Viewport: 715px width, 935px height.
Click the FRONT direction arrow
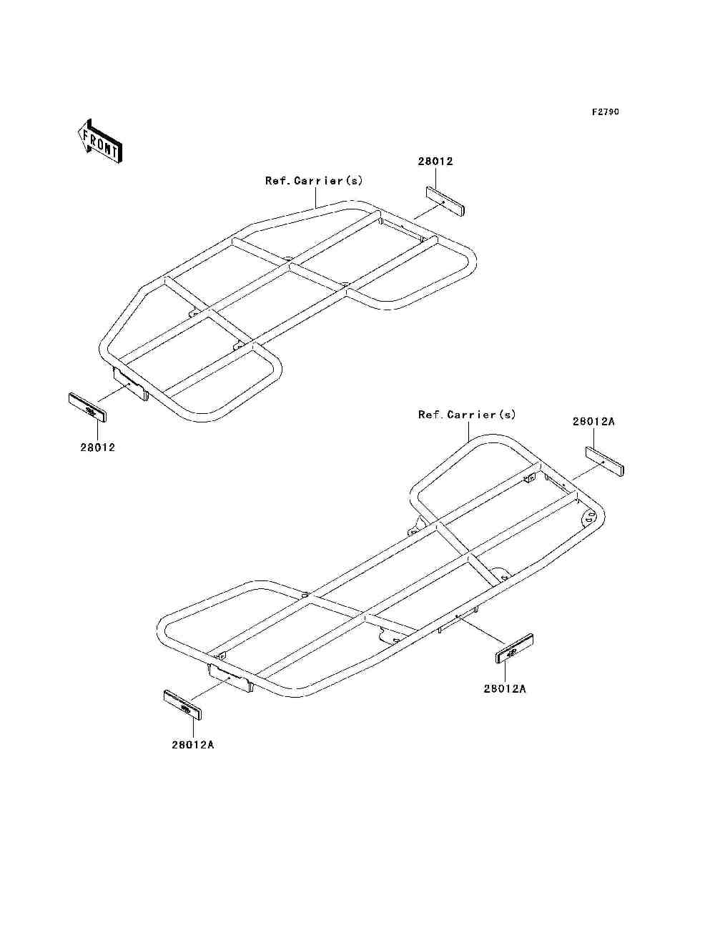click(x=99, y=141)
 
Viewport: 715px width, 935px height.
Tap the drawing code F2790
click(x=605, y=112)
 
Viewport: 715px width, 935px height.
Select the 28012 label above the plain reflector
click(x=435, y=162)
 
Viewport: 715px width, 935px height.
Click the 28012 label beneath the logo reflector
click(x=97, y=447)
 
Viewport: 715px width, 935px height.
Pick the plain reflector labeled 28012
click(x=445, y=201)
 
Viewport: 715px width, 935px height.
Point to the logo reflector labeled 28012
click(x=87, y=407)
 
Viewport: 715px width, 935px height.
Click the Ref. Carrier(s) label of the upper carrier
click(x=314, y=181)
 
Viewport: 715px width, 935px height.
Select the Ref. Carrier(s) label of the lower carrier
click(x=467, y=415)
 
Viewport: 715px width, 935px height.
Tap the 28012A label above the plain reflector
click(x=593, y=422)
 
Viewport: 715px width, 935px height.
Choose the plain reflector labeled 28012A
click(x=605, y=461)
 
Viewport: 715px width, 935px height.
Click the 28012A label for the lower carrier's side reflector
click(x=505, y=689)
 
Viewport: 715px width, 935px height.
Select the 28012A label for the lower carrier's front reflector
click(x=193, y=745)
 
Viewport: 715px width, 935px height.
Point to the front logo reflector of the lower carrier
click(x=183, y=705)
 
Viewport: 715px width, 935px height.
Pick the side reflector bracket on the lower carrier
click(x=458, y=618)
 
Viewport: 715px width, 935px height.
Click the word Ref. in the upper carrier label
click(x=277, y=181)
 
